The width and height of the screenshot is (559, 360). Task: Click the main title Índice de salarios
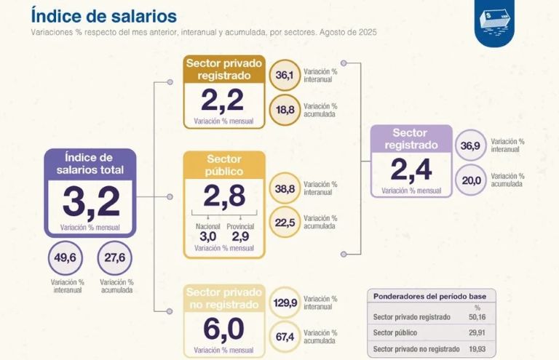point(103,15)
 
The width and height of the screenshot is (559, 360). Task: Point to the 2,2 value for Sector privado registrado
point(223,100)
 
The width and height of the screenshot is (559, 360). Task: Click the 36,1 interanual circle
point(285,75)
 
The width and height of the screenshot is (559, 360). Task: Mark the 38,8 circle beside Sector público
point(285,188)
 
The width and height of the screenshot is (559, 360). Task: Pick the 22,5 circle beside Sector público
point(285,223)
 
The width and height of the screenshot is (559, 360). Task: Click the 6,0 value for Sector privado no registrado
point(223,330)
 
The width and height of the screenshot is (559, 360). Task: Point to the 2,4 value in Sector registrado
point(411,169)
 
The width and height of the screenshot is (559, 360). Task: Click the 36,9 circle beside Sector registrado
point(471,145)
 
